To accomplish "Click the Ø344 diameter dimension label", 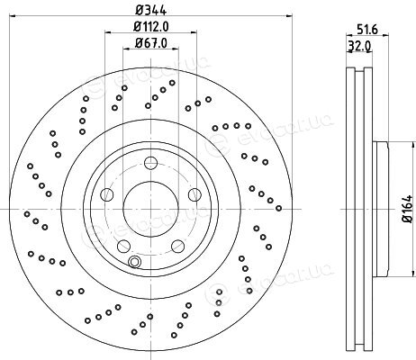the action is point(150,10).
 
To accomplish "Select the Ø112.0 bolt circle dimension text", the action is point(151,27).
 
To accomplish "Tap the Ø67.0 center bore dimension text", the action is point(151,43).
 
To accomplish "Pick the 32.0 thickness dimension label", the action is point(359,46).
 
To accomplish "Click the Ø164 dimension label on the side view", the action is point(409,209).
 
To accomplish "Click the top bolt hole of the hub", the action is point(150,163).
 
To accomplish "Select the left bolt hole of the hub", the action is point(107,194).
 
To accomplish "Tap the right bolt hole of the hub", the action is point(194,194).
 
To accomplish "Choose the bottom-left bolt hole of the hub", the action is point(123,246).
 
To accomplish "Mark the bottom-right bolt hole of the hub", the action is point(177,246).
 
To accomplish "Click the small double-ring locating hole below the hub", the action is point(134,262).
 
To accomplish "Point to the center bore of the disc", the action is point(150,209).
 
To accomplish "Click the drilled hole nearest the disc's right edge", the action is point(278,208).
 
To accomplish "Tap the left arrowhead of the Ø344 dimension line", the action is point(13,15).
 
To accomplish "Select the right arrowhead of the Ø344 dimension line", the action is point(289,15).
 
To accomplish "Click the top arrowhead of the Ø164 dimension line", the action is point(411,145).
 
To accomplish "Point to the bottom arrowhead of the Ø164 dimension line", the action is point(411,273).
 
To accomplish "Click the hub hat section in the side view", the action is point(381,209).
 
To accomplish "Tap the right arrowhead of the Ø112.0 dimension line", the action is point(194,31).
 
